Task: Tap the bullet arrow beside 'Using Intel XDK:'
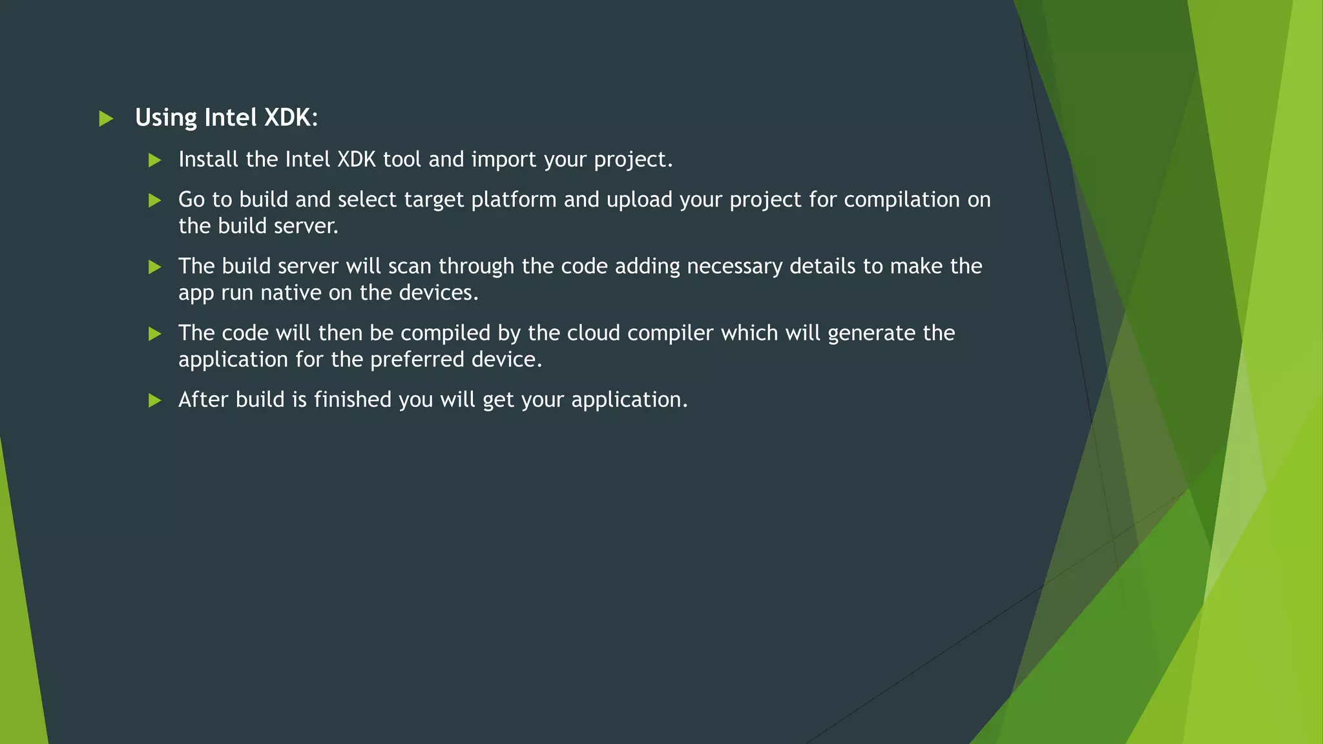click(106, 119)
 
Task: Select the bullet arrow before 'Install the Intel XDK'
click(154, 160)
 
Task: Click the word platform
click(514, 200)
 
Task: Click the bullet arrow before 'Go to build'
click(154, 201)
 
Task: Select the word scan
click(410, 266)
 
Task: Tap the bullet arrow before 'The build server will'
click(154, 267)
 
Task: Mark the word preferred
click(417, 360)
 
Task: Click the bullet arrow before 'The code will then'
click(154, 334)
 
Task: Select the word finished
click(353, 400)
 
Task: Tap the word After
click(203, 400)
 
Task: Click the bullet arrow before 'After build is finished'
click(154, 401)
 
